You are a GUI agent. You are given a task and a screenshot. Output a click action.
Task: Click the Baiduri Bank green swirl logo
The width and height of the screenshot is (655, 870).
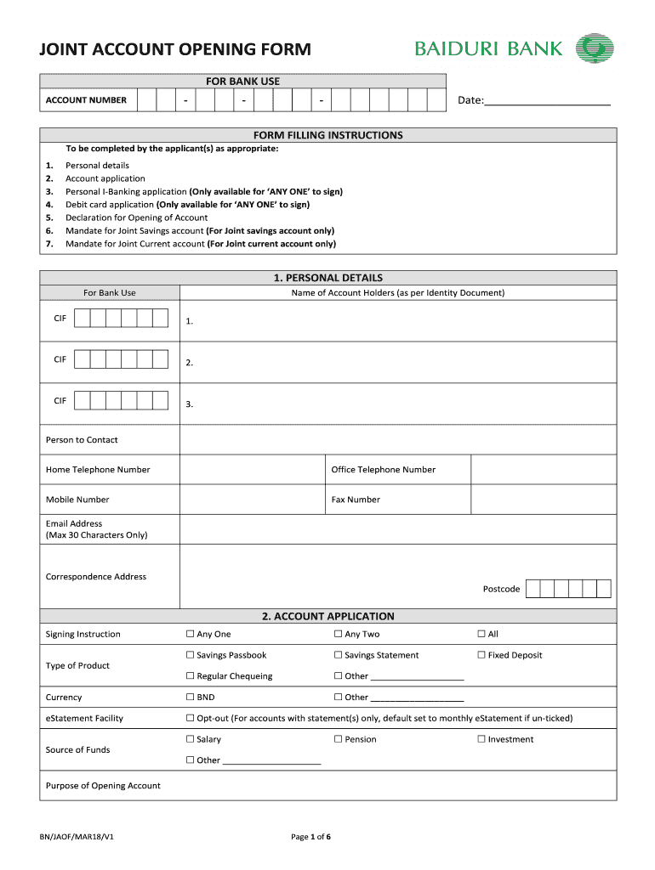pyautogui.click(x=595, y=48)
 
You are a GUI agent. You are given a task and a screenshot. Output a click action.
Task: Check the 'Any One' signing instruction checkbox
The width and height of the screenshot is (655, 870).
pyautogui.click(x=191, y=635)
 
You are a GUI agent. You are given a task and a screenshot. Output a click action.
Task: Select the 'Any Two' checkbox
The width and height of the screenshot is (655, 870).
pyautogui.click(x=338, y=635)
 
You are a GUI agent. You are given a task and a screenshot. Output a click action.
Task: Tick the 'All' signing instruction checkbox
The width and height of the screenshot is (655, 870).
pyautogui.click(x=481, y=635)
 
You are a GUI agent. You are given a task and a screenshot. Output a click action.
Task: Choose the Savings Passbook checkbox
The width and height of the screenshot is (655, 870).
pyautogui.click(x=191, y=656)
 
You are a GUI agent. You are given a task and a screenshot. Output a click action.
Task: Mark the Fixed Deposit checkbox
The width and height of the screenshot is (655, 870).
pyautogui.click(x=481, y=656)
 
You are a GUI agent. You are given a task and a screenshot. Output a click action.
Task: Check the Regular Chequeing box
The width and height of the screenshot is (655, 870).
pyautogui.click(x=191, y=677)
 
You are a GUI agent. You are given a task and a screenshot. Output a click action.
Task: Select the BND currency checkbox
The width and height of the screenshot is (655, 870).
pyautogui.click(x=191, y=698)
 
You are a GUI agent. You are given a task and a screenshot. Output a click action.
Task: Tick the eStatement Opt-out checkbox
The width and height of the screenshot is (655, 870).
pyautogui.click(x=191, y=719)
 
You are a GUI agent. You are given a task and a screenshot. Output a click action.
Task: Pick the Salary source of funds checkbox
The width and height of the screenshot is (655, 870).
pyautogui.click(x=191, y=740)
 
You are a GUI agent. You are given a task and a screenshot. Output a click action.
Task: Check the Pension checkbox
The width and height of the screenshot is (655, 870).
pyautogui.click(x=338, y=740)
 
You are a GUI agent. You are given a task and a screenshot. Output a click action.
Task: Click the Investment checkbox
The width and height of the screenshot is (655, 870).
pyautogui.click(x=481, y=740)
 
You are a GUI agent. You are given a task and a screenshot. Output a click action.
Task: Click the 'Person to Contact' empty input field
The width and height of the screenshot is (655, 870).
pyautogui.click(x=398, y=440)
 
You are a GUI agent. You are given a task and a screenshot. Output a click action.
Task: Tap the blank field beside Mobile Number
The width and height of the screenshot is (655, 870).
pyautogui.click(x=253, y=500)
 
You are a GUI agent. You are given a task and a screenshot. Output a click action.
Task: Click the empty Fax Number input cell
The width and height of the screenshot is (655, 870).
pyautogui.click(x=543, y=500)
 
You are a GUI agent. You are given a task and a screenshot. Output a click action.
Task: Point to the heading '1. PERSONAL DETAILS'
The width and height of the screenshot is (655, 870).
pyautogui.click(x=327, y=278)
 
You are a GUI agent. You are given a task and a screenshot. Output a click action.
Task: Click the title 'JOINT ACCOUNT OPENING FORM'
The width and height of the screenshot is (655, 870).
pyautogui.click(x=175, y=50)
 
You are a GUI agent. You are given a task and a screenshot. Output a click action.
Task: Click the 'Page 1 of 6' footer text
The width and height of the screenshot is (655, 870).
pyautogui.click(x=310, y=837)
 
